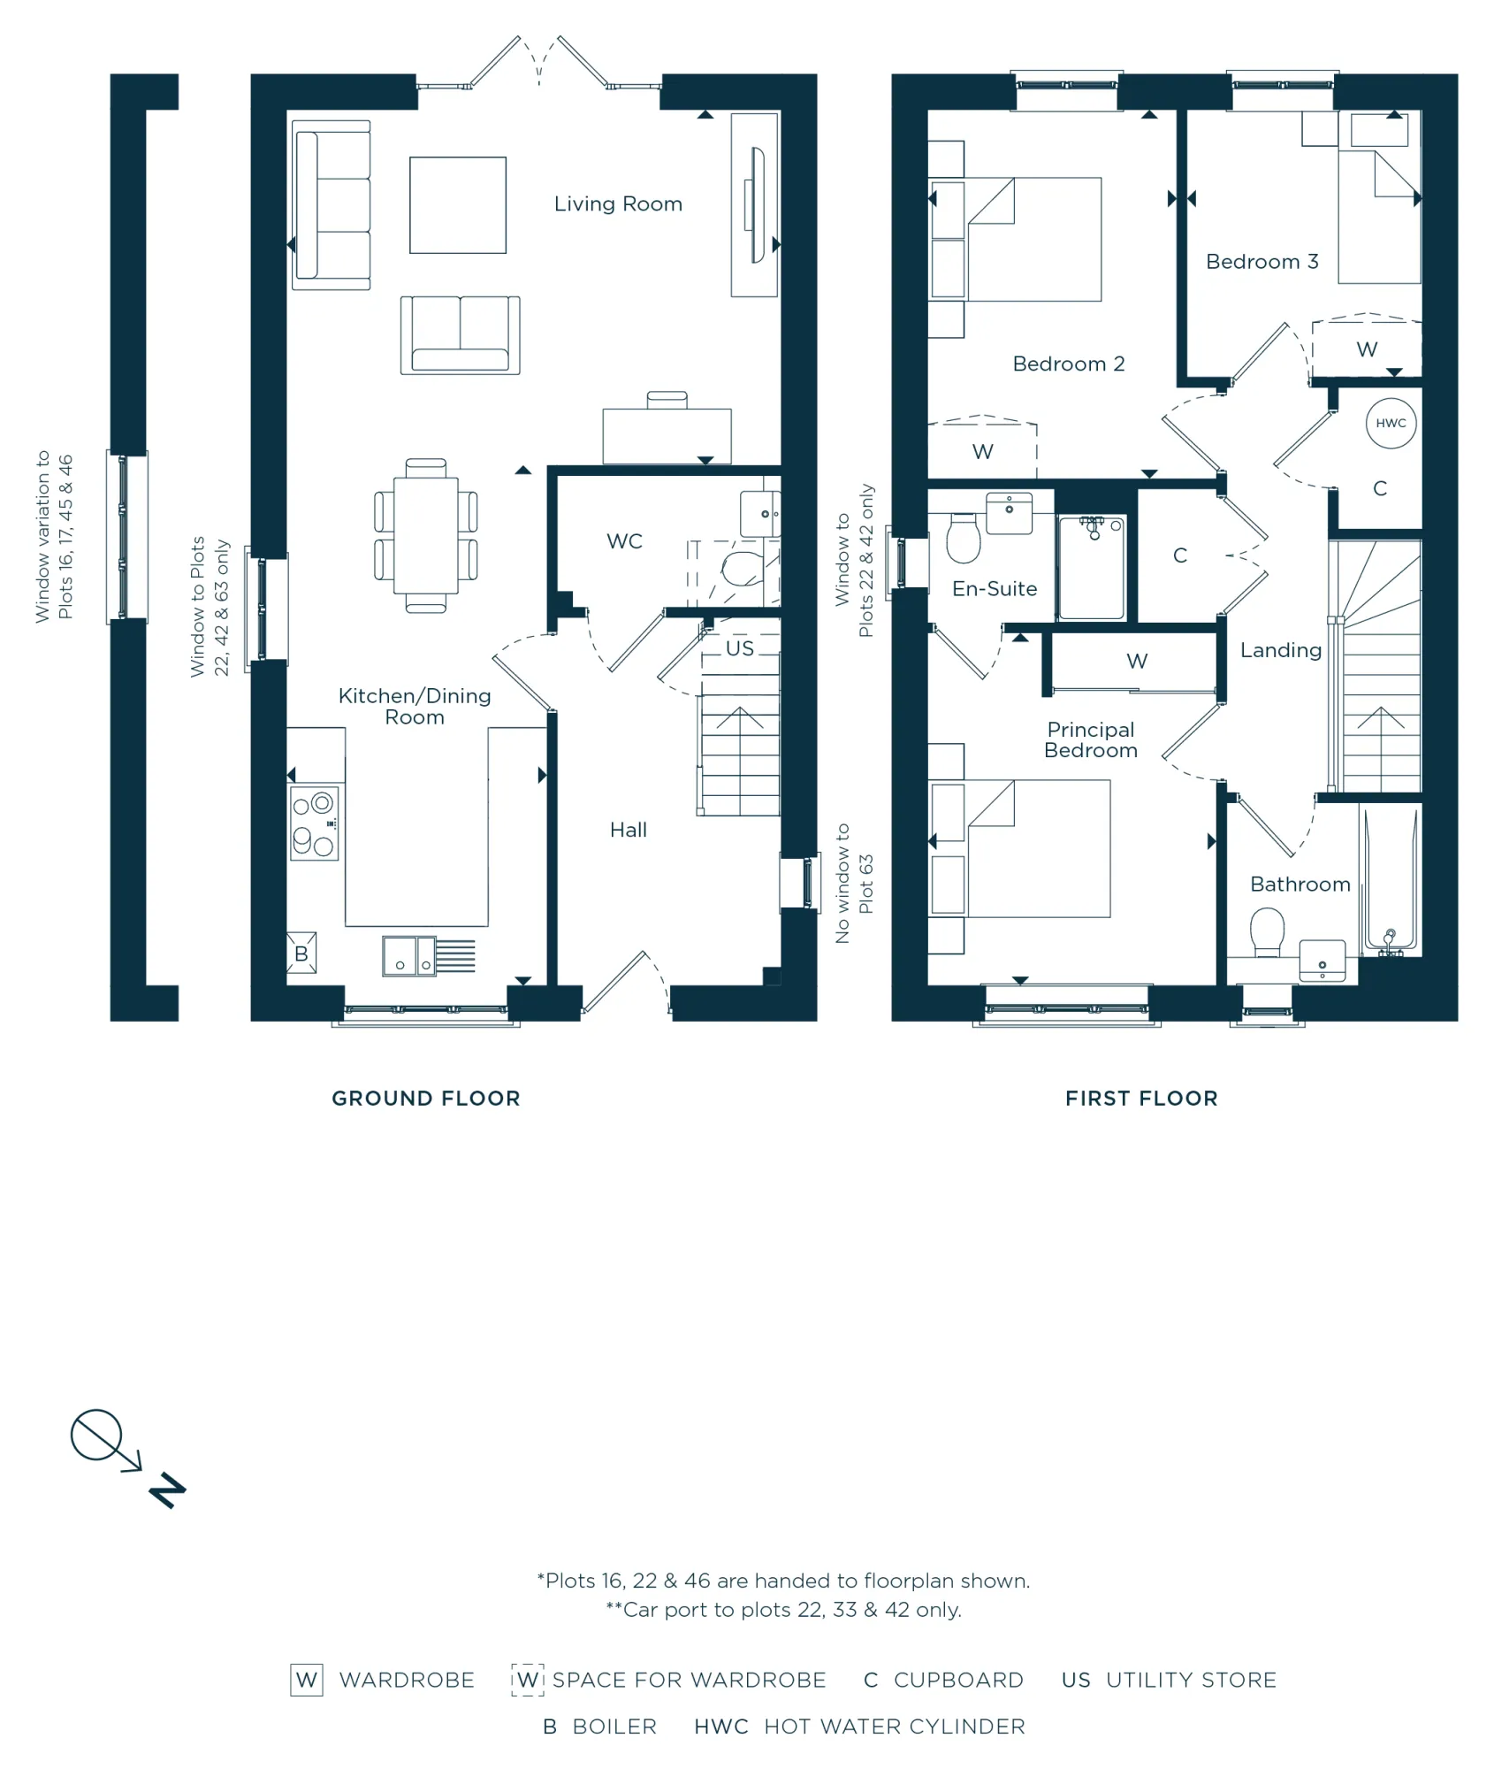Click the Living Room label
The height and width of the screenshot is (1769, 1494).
pos(618,204)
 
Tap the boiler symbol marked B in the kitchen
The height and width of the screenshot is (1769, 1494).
pos(301,953)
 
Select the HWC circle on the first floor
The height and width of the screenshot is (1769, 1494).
pos(1391,424)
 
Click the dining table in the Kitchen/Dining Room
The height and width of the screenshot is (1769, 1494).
pos(426,535)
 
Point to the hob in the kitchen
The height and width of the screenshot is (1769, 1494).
pos(314,823)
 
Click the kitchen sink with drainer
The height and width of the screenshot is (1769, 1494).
pos(429,956)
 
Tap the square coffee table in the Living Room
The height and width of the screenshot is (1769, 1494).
pos(458,205)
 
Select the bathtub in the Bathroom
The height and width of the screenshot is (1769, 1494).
pos(1391,881)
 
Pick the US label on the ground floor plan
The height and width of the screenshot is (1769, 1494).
pos(740,648)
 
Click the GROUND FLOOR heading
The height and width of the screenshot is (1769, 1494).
pos(426,1099)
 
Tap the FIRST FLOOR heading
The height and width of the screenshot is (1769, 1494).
pos(1141,1099)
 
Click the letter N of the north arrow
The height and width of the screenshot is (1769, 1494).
pos(167,1491)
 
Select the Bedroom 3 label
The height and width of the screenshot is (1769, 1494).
pos(1262,262)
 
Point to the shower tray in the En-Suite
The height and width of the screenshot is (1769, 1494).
pos(1092,568)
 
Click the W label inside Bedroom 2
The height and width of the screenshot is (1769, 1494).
pos(983,452)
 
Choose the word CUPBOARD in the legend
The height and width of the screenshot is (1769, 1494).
pos(958,1680)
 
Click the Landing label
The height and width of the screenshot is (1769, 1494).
pos(1281,651)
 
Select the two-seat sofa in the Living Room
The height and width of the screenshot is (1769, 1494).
pos(460,335)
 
